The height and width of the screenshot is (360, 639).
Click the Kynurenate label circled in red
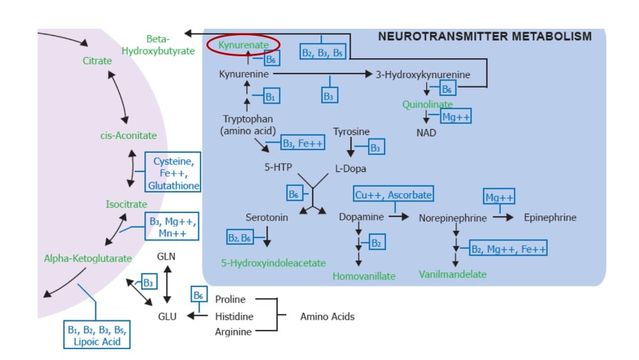[x=243, y=45]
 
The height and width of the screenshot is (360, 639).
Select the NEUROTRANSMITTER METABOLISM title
[x=484, y=36]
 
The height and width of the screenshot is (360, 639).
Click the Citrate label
[x=97, y=61]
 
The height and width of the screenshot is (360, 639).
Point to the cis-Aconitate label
[x=128, y=136]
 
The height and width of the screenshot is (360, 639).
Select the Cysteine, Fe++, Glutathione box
[x=173, y=173]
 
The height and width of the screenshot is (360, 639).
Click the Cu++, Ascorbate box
[x=393, y=194]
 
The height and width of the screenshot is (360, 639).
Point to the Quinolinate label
[x=427, y=104]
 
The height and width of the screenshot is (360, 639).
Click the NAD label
[x=426, y=132]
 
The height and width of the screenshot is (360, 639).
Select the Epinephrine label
[x=550, y=217]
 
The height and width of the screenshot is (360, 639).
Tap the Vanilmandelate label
[x=452, y=274]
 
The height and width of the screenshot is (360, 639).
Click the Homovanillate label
[x=364, y=276]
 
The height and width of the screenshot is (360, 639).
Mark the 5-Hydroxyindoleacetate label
[x=273, y=263]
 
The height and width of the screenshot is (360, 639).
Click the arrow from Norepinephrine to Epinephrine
[x=502, y=217]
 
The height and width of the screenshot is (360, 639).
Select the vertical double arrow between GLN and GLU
[x=167, y=285]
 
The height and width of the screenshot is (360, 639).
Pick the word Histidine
[x=234, y=316]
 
